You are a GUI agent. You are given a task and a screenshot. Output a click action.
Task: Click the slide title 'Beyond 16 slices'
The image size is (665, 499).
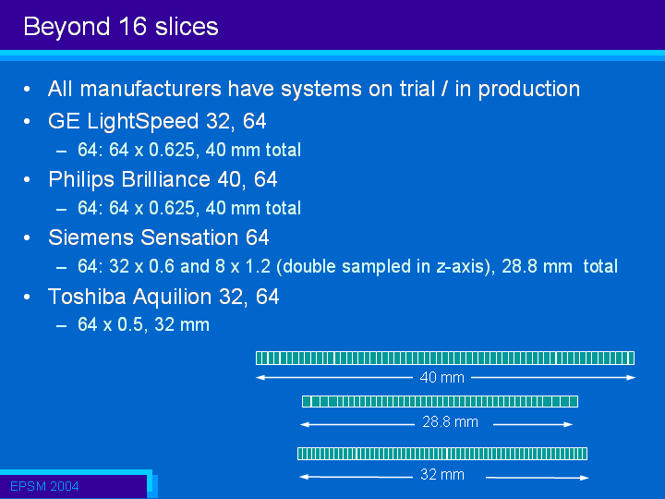click(x=121, y=27)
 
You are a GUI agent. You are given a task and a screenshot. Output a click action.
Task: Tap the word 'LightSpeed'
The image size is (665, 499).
click(x=143, y=122)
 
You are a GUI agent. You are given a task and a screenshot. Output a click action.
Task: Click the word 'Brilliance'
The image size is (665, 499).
click(x=166, y=179)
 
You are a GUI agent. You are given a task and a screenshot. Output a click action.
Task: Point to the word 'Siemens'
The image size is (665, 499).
click(x=91, y=237)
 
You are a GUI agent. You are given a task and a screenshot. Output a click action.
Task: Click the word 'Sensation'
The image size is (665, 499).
click(x=189, y=237)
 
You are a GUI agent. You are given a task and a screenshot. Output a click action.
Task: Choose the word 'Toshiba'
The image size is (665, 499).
click(x=87, y=297)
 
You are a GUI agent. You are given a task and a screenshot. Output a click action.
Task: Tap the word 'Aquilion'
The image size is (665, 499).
click(x=172, y=297)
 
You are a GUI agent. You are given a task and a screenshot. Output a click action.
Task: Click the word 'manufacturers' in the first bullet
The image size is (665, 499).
click(x=151, y=89)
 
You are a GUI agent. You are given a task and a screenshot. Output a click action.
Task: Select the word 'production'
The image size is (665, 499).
click(x=529, y=90)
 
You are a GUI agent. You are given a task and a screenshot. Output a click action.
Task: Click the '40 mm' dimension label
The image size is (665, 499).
click(x=441, y=377)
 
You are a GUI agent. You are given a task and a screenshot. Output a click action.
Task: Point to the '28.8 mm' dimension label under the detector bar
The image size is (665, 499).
click(x=450, y=422)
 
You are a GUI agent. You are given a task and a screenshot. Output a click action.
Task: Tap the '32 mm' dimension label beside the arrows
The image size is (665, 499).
click(x=441, y=474)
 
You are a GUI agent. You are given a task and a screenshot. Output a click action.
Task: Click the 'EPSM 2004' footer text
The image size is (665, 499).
click(x=44, y=486)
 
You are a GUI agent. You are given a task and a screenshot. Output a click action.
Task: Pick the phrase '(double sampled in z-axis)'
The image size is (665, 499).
click(x=385, y=266)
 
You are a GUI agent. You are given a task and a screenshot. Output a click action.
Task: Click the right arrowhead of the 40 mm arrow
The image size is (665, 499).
click(x=631, y=377)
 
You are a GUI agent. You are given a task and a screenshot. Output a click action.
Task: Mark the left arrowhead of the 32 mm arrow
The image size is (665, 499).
click(x=304, y=477)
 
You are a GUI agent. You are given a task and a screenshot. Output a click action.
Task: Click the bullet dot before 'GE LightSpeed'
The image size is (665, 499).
click(x=27, y=122)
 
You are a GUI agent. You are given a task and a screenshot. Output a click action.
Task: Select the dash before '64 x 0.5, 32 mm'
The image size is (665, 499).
click(x=61, y=326)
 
